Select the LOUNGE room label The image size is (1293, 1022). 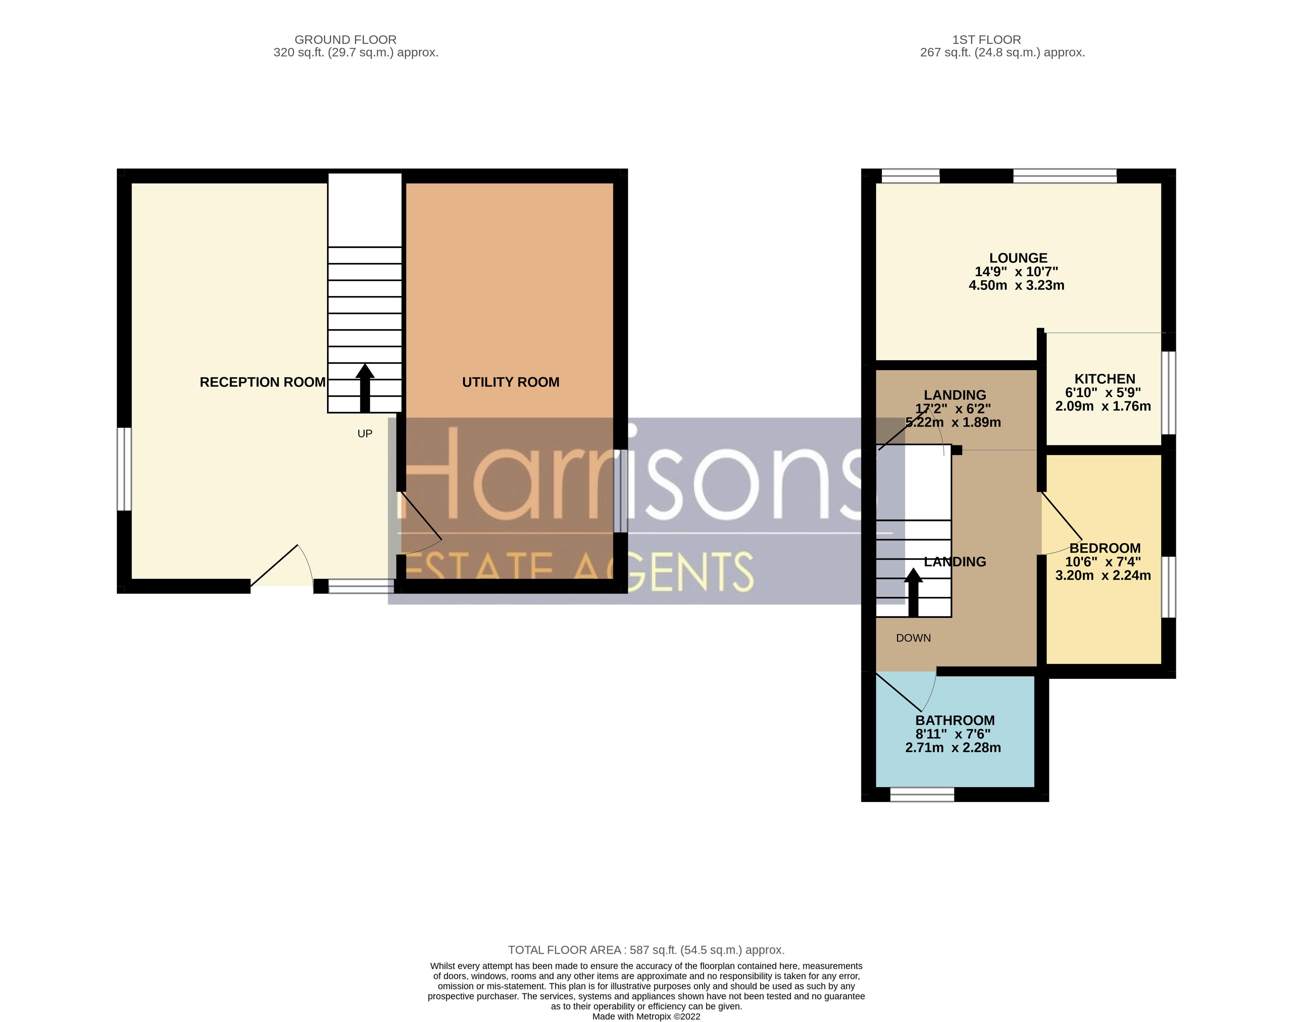point(1018,258)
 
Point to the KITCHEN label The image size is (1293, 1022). point(1105,379)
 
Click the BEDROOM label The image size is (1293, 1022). point(1105,548)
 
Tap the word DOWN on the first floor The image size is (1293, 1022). point(913,638)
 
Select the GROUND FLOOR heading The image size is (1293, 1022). point(345,39)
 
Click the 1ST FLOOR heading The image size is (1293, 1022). point(986,39)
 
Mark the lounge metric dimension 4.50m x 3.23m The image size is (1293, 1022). point(1016,285)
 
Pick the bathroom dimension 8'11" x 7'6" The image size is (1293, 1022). point(953,734)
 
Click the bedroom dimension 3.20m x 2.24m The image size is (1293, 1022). point(1103,576)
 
